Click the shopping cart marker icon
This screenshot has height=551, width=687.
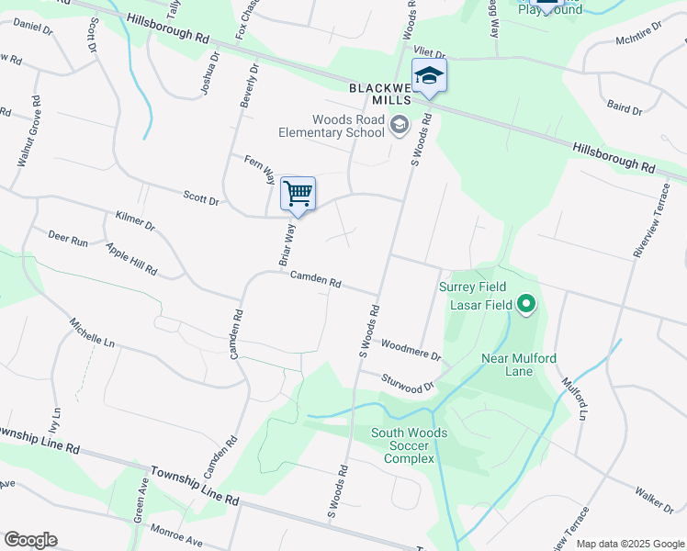[x=298, y=194]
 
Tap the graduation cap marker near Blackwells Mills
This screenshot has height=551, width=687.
[x=429, y=76]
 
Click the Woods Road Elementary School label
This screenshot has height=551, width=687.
[x=348, y=126]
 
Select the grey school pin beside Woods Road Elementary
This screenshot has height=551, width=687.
[x=400, y=124]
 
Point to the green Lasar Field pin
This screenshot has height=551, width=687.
[x=526, y=302]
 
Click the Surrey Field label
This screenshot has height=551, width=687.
[x=472, y=287]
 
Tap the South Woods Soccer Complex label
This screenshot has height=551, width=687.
[x=409, y=445]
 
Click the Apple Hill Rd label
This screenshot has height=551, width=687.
[x=131, y=260]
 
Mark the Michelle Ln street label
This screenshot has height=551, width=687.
[x=93, y=332]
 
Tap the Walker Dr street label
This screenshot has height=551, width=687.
[x=653, y=500]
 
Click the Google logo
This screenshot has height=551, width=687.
[x=30, y=539]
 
